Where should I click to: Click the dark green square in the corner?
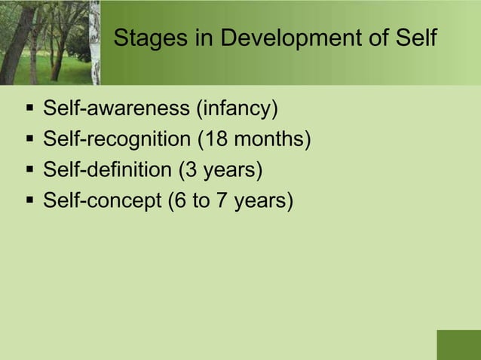click(458, 345)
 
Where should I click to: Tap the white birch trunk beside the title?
click(95, 41)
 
